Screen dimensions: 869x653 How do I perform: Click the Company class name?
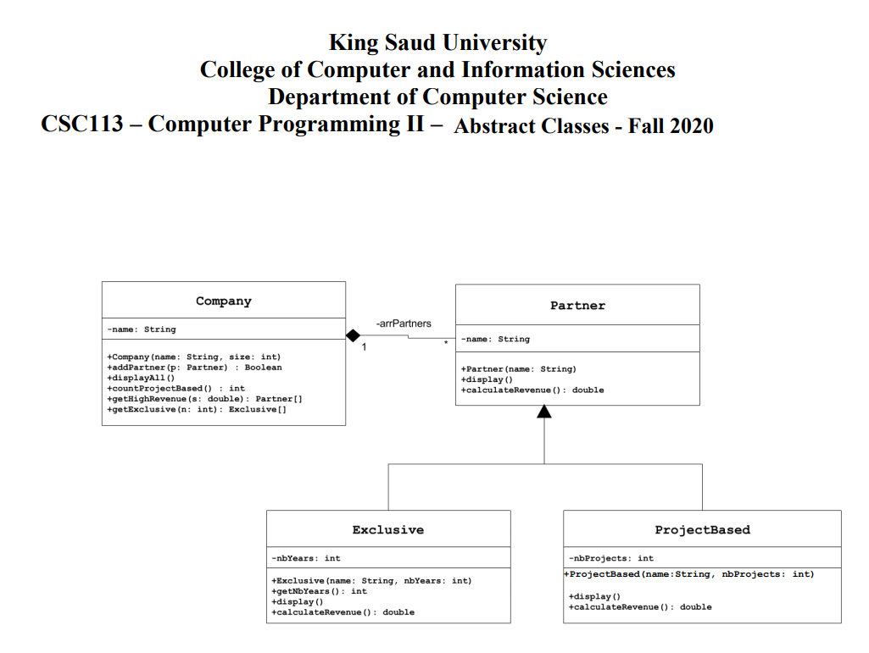point(223,301)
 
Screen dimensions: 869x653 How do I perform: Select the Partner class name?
point(577,306)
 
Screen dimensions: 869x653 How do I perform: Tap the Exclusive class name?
point(387,530)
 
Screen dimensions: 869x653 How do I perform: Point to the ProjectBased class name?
point(702,530)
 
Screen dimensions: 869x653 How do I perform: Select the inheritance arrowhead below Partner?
point(544,412)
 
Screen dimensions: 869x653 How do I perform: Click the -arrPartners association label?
point(404,324)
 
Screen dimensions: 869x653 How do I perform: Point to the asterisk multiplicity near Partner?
point(446,343)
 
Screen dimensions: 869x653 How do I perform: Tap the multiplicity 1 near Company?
point(364,347)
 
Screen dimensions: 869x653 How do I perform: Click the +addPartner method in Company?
point(194,368)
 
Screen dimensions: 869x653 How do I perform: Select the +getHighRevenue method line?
point(204,399)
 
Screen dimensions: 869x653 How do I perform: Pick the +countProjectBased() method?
point(175,389)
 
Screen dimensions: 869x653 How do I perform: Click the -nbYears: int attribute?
point(306,558)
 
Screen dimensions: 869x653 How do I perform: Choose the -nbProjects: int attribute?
point(611,558)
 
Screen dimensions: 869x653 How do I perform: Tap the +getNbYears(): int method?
point(320,591)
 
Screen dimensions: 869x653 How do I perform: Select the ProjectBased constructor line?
point(689,574)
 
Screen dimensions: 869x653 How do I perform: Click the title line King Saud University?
point(437,42)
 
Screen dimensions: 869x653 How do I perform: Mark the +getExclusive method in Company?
point(199,410)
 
